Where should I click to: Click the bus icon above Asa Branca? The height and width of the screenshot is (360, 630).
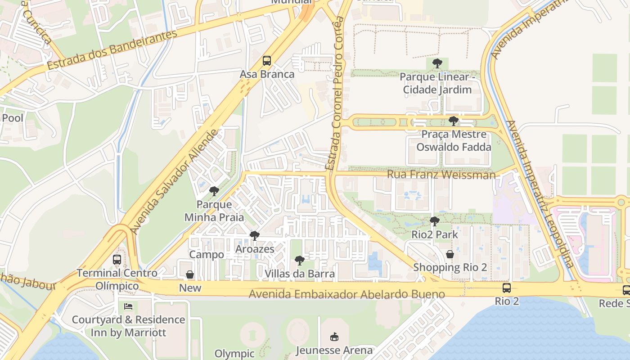coord(267,61)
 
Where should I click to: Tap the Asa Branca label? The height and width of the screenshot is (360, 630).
coord(267,74)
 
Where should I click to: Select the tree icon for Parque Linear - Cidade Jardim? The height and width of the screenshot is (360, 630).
coord(436,63)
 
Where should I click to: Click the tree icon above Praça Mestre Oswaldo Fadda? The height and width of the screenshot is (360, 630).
coord(453,121)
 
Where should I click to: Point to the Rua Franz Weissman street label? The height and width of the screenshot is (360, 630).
coord(441,175)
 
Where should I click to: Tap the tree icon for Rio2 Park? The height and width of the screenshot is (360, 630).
coord(434,221)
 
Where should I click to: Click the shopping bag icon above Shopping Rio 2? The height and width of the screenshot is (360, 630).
coord(450,255)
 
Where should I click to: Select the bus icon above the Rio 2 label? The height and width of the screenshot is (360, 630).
coord(507,288)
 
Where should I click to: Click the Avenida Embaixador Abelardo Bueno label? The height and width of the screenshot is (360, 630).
coord(346,294)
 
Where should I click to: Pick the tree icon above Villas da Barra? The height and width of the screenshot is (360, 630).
coord(299,261)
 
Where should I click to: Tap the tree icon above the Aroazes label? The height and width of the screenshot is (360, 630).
coord(255,236)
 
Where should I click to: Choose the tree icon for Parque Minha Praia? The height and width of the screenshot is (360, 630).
coord(214,191)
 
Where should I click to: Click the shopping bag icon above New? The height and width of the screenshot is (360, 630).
coord(190,274)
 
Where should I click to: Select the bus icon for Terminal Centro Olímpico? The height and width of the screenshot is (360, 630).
coord(117,260)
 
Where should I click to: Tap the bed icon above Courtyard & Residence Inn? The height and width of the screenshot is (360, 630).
coord(128,306)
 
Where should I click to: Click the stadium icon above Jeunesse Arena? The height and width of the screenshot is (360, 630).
coord(334,337)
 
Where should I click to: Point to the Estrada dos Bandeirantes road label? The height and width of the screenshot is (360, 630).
coord(112,50)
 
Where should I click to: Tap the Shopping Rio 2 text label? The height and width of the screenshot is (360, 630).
coord(450,267)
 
